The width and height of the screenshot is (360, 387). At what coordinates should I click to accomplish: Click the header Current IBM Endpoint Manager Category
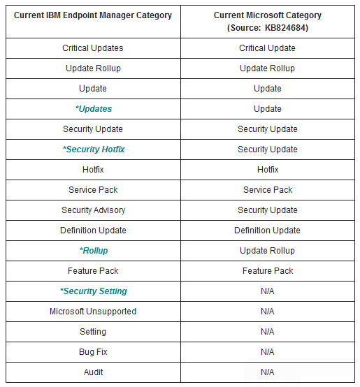coord(93,15)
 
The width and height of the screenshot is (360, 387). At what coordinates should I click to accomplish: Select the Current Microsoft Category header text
coord(268,15)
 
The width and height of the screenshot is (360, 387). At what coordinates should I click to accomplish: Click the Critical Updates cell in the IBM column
coord(93,48)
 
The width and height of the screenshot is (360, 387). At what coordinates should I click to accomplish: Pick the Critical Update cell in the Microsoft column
coord(268,48)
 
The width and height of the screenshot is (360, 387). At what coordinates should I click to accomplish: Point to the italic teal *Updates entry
coord(93,109)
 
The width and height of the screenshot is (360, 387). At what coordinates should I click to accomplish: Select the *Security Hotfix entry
coord(93,149)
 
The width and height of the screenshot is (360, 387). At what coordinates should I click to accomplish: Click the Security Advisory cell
coord(93,210)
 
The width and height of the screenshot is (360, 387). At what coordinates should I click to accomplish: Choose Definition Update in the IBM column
coord(93,231)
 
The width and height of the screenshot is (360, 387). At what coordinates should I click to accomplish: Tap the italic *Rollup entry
coord(93,251)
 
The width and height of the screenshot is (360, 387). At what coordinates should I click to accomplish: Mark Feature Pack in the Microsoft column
coord(268,271)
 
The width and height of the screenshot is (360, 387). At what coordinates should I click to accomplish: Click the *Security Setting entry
coord(93,291)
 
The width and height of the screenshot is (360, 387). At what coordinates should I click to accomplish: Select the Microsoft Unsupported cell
coord(93,312)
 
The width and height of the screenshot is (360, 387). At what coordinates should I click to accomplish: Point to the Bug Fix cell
coord(93,352)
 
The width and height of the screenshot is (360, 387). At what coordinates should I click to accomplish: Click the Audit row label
coord(93,372)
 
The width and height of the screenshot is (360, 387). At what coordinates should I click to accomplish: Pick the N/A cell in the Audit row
coord(268,372)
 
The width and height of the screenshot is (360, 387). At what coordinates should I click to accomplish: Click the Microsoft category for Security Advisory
coord(268,210)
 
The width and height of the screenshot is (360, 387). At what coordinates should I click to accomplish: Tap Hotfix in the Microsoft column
coord(268,170)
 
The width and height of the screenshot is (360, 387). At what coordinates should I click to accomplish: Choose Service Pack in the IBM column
coord(93,190)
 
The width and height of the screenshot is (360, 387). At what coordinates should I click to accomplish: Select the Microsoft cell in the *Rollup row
coord(268,251)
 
